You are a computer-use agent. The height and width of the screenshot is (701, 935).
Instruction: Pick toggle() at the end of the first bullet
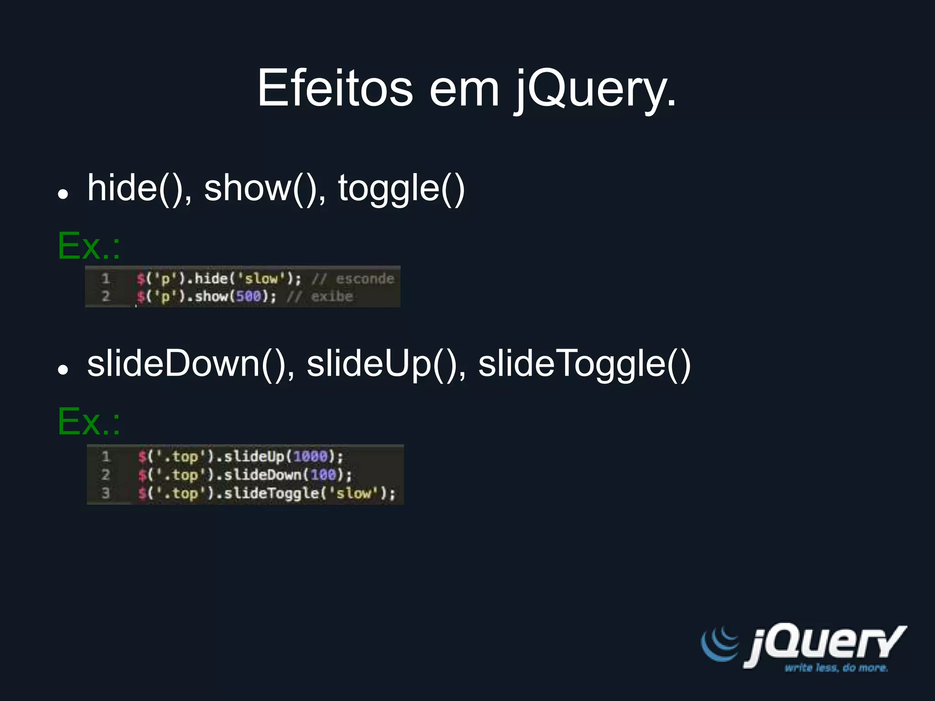click(401, 189)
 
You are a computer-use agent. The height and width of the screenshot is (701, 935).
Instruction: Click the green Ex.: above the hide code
click(89, 246)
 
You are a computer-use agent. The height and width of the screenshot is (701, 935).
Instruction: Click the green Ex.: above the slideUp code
click(89, 422)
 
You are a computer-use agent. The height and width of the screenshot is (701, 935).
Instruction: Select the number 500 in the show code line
click(248, 297)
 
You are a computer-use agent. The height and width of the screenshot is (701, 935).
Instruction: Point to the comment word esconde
click(365, 278)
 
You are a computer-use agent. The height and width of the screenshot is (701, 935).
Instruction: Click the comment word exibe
click(332, 297)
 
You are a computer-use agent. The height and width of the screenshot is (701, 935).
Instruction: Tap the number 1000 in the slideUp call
click(310, 456)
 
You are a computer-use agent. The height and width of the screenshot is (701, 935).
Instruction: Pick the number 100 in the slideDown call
click(323, 475)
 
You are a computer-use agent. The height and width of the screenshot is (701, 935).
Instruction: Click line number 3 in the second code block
click(105, 493)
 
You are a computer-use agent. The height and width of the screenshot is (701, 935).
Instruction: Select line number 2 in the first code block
click(105, 297)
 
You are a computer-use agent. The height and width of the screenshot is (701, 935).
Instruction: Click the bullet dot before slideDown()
click(63, 369)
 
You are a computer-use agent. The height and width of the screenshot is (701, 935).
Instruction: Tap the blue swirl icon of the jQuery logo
click(720, 643)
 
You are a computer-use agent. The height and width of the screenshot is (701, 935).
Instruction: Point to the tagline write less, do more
click(836, 668)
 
